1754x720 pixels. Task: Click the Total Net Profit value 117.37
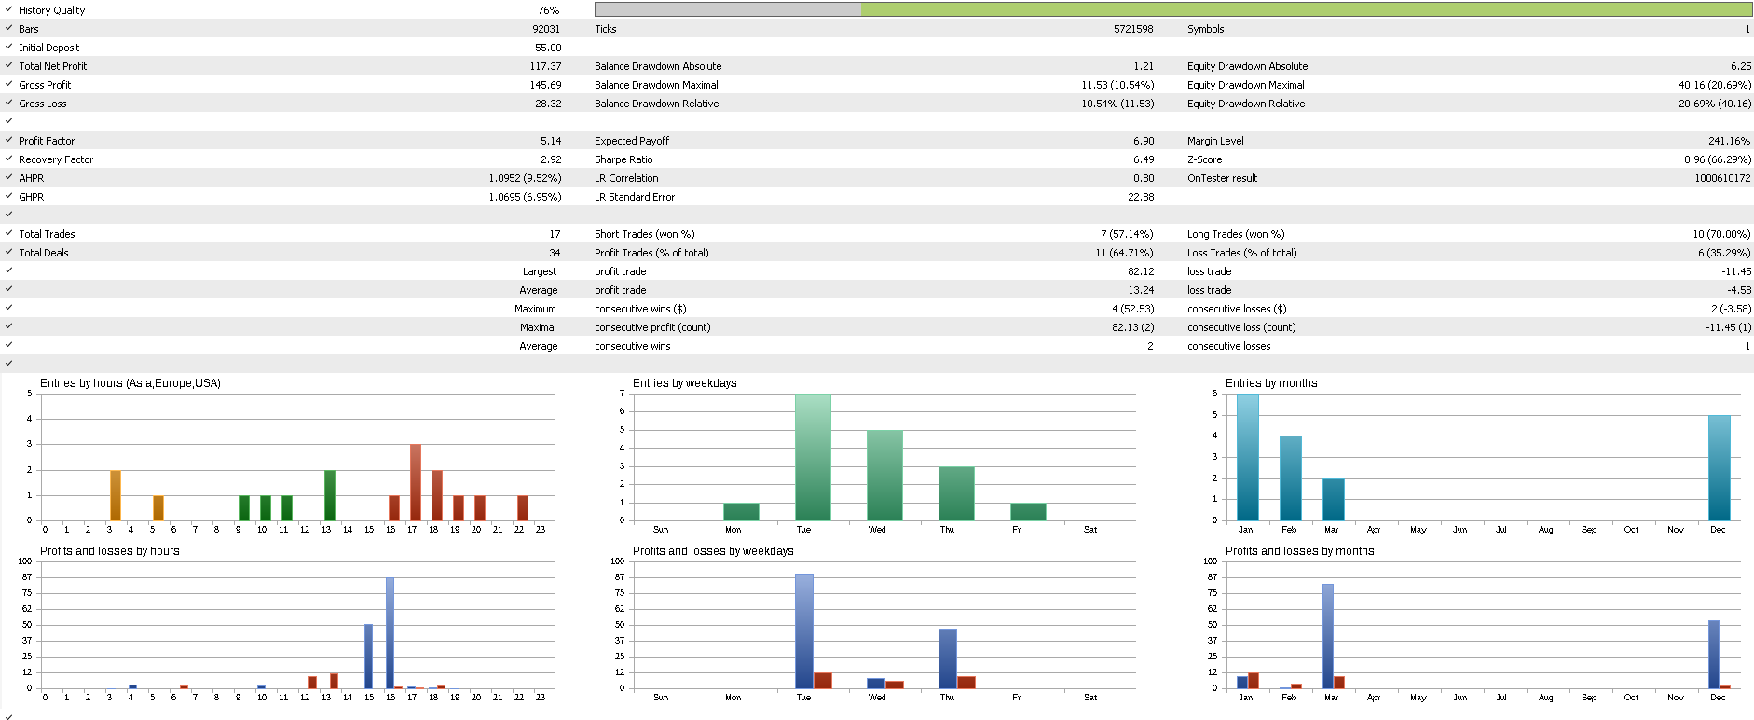coord(545,66)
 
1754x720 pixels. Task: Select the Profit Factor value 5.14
coord(550,141)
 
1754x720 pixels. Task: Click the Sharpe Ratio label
coord(623,159)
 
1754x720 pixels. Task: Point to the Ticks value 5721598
coord(1132,29)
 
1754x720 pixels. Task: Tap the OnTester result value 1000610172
coord(1721,178)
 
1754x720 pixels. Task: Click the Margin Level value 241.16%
coord(1729,141)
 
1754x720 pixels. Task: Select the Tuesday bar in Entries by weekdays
coord(813,457)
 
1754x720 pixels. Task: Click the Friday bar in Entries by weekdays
coord(1028,512)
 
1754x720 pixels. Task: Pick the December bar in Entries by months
coord(1719,467)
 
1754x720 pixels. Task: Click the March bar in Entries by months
coord(1333,499)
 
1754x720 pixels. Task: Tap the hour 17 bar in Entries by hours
coord(416,482)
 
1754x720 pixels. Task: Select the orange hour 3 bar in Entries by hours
coord(116,495)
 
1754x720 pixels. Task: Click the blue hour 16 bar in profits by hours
coord(390,633)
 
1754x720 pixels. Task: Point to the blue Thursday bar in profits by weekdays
coord(947,658)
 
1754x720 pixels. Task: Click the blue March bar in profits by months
coord(1327,636)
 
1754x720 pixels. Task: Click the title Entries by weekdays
coord(684,383)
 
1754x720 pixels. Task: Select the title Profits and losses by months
coord(1299,551)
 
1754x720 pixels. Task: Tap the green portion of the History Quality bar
coord(1305,9)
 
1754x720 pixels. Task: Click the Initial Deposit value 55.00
coord(547,48)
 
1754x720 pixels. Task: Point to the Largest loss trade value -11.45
coord(1735,271)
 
